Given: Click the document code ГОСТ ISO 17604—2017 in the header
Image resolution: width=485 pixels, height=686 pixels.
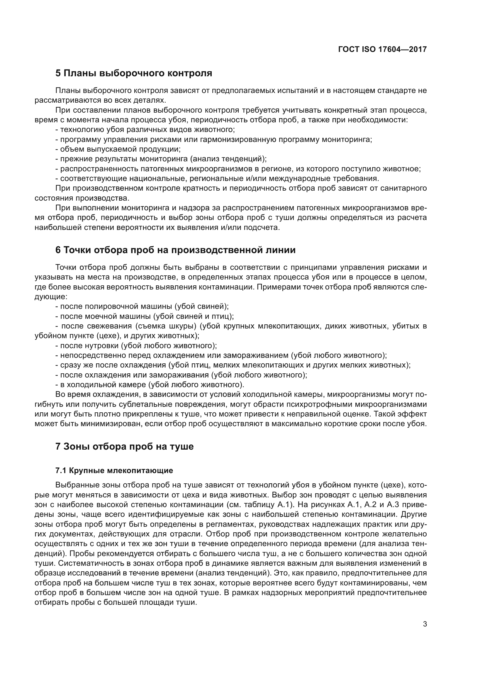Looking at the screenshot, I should (382, 49).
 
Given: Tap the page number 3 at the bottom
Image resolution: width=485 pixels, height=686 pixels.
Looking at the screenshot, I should (425, 624).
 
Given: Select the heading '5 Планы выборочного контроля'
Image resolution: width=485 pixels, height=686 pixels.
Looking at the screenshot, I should (134, 73).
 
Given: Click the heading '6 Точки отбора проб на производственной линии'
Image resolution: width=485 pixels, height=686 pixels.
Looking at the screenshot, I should (175, 250).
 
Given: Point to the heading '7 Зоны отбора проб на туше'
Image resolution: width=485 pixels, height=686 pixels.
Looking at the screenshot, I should (125, 446).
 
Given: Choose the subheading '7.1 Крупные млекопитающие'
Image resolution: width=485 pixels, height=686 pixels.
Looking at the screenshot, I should (114, 470).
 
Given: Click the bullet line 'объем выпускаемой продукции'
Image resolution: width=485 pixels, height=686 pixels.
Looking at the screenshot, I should (118, 149).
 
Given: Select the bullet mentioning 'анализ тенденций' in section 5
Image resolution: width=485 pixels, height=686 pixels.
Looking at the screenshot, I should (161, 159).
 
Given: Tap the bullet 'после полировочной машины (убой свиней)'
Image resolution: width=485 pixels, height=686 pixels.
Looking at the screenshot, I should (142, 306).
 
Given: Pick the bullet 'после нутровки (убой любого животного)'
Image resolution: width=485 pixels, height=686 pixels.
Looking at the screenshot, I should (136, 346).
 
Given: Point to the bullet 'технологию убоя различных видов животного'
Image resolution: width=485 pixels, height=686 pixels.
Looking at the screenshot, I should (145, 130).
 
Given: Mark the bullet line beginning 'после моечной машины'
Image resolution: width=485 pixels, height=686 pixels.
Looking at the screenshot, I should (145, 316).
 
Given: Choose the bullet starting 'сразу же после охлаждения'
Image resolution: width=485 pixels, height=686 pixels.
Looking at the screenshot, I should (233, 365).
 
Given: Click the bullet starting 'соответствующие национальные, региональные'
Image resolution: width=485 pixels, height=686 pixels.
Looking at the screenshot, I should (217, 179).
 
